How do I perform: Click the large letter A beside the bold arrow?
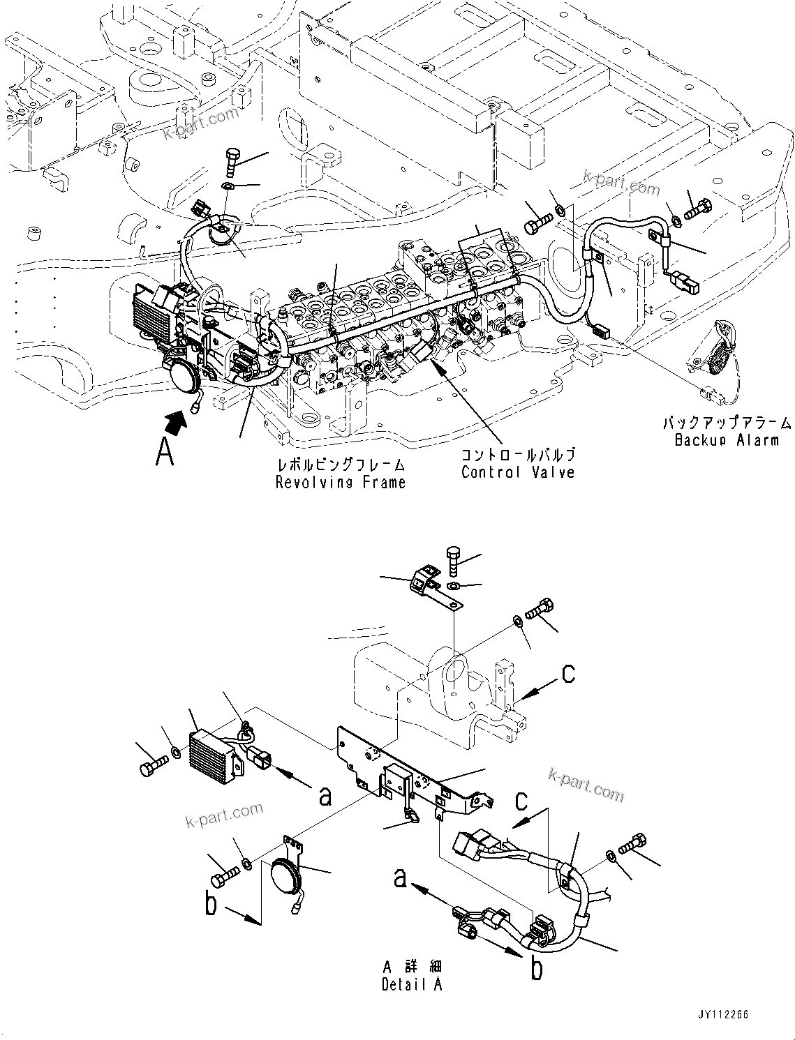[165, 451]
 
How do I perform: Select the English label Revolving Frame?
[341, 482]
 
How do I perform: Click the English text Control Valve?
[517, 472]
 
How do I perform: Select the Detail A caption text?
[412, 984]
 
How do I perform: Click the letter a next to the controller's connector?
[325, 795]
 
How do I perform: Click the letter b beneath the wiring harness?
[536, 970]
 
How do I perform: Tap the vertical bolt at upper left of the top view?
[232, 162]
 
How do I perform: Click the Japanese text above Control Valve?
[517, 455]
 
